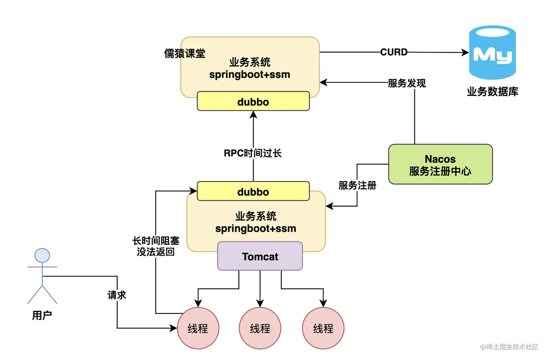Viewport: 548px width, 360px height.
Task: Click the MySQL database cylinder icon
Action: tap(492, 53)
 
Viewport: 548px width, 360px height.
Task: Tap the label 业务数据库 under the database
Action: tap(492, 92)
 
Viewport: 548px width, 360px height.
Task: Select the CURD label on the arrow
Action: tap(394, 52)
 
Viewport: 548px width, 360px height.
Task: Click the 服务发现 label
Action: tap(407, 83)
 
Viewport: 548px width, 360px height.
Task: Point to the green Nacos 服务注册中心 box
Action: tap(440, 164)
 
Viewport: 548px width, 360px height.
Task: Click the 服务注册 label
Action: tap(357, 185)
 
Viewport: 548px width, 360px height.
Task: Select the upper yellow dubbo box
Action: tap(253, 101)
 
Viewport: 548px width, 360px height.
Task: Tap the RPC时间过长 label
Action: tap(253, 153)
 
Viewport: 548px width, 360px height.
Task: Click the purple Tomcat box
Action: tap(260, 256)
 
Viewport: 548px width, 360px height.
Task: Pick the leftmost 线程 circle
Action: tap(198, 328)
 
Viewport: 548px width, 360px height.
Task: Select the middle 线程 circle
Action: tap(260, 328)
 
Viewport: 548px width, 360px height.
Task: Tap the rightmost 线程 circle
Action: tap(323, 328)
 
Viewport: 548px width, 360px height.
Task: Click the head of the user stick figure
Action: tap(42, 256)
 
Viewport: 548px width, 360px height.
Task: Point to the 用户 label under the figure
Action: tap(42, 315)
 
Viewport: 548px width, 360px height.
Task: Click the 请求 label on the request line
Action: tap(117, 295)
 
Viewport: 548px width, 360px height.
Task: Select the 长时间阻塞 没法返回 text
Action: tap(155, 246)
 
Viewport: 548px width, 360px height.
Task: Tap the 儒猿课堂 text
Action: tap(184, 54)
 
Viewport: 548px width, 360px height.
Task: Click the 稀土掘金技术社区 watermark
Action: tap(509, 347)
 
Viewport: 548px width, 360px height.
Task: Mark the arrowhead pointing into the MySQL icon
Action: tap(466, 53)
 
